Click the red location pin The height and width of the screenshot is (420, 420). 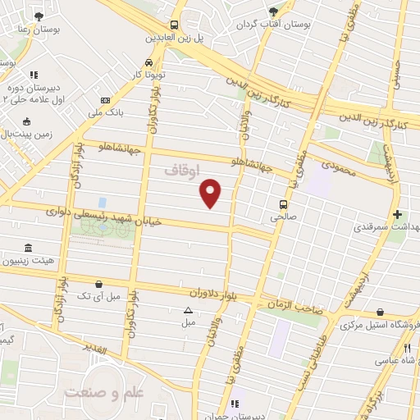point(212,193)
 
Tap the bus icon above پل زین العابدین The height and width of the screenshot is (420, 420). point(173,25)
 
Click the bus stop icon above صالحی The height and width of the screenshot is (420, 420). point(283,204)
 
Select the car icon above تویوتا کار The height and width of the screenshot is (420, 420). point(148,62)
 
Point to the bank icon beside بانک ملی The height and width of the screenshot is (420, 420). point(103,100)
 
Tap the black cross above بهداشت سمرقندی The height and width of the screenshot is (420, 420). point(397,213)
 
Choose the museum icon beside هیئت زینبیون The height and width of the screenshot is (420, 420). point(29,248)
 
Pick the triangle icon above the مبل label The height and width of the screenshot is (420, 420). point(188,310)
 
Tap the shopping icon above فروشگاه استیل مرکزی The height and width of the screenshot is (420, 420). point(379,312)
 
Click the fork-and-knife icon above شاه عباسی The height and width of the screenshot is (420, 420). point(407,347)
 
